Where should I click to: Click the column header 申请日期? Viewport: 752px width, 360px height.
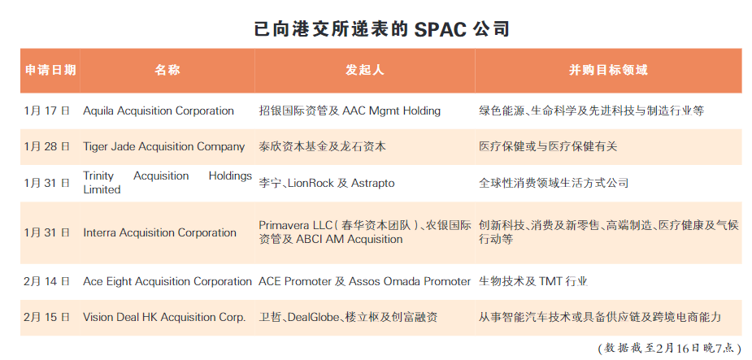50,70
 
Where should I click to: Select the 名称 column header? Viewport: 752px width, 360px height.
167,70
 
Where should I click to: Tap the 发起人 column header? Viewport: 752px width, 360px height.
365,70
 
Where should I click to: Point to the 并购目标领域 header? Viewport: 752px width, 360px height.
608,70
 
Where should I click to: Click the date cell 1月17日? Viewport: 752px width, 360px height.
47,111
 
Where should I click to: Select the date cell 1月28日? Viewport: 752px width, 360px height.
47,147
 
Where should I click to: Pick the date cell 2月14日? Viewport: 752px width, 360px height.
47,281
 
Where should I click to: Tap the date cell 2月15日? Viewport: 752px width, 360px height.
47,318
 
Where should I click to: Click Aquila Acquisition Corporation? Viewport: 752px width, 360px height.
159,111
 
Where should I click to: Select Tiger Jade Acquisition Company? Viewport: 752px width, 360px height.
164,147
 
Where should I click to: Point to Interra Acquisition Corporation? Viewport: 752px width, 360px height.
159,233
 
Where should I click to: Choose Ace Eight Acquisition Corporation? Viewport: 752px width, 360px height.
167,281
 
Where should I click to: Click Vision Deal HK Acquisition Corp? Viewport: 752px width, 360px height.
164,318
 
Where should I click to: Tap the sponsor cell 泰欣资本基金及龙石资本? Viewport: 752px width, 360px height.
322,147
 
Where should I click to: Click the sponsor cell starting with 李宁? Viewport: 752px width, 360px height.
327,183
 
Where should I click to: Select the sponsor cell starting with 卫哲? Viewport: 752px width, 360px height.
348,318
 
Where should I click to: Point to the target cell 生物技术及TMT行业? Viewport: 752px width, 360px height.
533,281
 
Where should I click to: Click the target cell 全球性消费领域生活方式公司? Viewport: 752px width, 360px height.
554,183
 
